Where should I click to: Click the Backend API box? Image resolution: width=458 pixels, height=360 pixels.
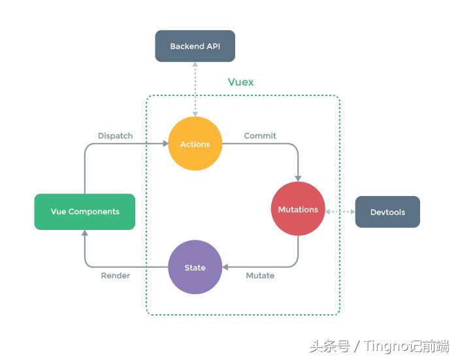195,46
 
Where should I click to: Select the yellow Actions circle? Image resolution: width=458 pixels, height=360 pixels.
195,144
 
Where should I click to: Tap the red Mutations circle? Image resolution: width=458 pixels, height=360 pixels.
298,209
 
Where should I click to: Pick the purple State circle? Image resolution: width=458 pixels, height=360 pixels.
195,267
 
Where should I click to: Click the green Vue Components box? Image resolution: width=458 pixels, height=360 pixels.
85,212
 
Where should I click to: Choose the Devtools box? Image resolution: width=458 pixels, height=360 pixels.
387,212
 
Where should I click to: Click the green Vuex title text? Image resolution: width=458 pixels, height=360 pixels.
240,82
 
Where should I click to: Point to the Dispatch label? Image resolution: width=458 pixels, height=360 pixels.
115,136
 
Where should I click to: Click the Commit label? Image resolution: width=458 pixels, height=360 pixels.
260,136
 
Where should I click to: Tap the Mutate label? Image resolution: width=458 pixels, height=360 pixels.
260,276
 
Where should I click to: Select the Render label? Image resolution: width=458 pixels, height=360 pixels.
115,276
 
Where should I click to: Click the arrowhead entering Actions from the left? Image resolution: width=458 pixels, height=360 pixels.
165,144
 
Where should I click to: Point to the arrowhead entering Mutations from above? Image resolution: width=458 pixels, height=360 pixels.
298,178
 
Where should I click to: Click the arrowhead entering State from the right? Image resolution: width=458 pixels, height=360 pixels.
225,267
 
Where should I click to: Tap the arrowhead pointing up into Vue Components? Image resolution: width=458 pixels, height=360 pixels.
85,233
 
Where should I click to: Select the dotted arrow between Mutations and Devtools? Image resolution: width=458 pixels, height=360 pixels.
340,212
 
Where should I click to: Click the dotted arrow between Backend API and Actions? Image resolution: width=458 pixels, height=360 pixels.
195,89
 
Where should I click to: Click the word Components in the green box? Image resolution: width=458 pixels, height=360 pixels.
94,212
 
